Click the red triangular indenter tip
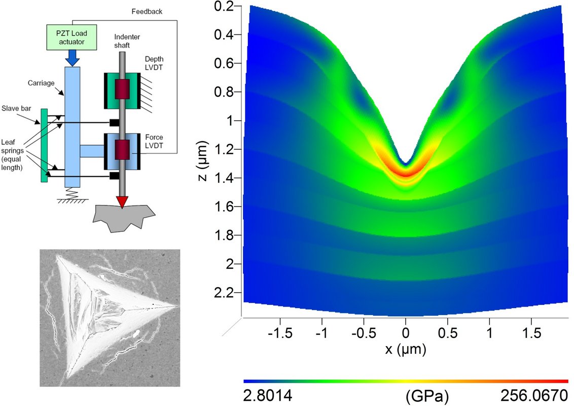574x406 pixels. pos(122,201)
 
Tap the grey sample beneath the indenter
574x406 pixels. pos(122,217)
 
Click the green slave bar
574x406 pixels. pos(45,145)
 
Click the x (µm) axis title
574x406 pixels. pos(405,350)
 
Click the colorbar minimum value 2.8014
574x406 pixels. pos(268,395)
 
